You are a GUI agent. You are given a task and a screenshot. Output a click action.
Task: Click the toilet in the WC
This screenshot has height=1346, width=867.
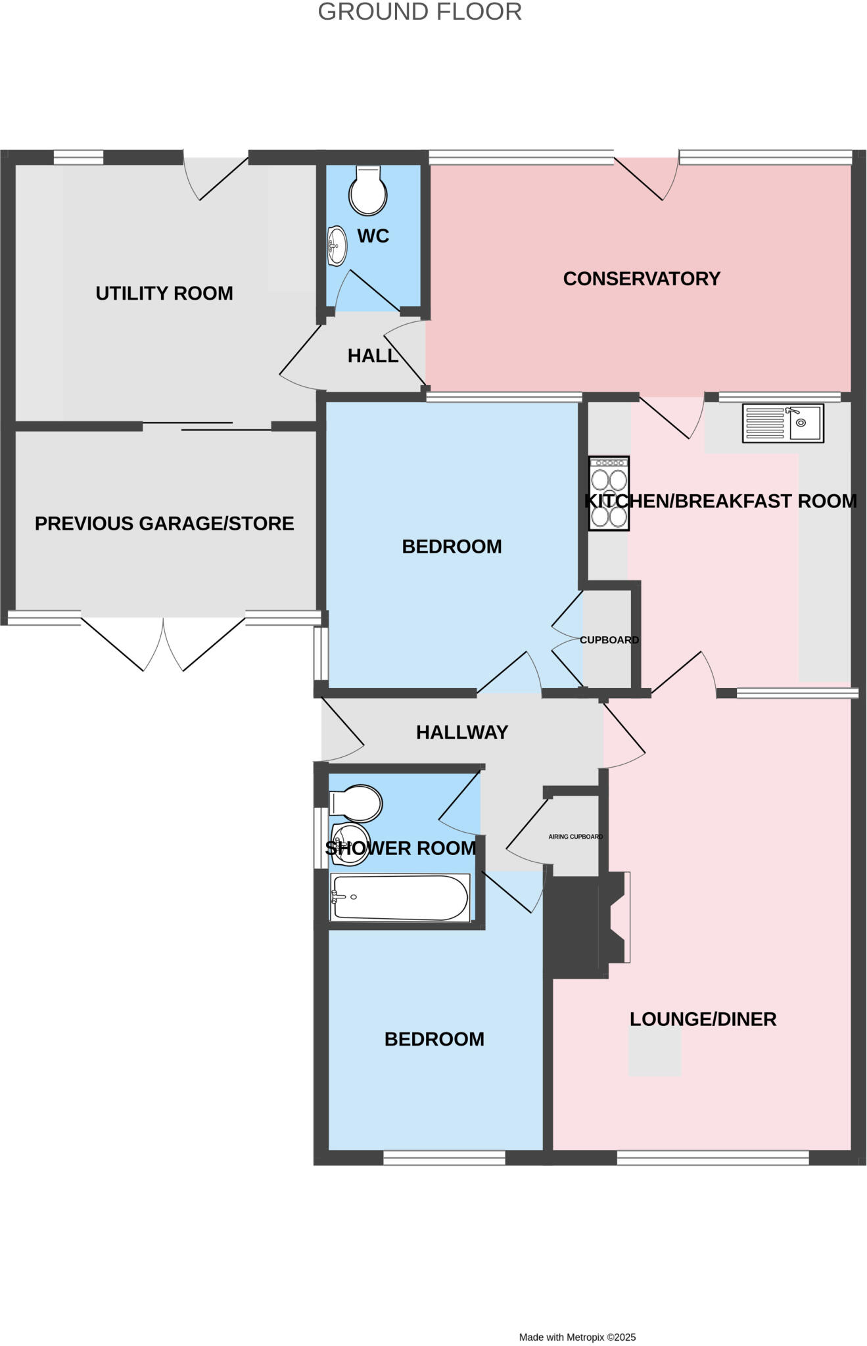click(368, 191)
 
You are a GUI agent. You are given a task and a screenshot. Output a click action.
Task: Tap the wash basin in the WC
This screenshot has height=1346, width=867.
click(337, 246)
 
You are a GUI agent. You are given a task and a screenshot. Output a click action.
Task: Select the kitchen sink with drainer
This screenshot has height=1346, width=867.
click(782, 423)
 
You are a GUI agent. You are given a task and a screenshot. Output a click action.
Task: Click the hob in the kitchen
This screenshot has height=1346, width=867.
click(609, 494)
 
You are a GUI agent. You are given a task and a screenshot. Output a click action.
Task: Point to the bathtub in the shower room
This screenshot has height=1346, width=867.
click(400, 898)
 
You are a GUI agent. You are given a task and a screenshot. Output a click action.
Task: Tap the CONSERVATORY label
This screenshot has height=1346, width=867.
click(642, 279)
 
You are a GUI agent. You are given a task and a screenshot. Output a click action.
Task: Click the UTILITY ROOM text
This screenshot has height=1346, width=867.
click(164, 293)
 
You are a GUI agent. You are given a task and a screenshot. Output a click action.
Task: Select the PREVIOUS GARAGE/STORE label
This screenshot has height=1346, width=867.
click(164, 524)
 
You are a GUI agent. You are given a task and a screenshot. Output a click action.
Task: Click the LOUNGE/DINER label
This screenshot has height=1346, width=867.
click(703, 1019)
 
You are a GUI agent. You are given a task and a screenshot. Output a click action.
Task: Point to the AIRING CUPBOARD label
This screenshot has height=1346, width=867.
click(575, 837)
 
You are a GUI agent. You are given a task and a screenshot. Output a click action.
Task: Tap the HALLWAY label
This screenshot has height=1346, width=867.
click(462, 732)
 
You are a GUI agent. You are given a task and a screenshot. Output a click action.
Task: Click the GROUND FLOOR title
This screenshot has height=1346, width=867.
click(419, 12)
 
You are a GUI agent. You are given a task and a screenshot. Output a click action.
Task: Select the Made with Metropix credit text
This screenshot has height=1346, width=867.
click(577, 1337)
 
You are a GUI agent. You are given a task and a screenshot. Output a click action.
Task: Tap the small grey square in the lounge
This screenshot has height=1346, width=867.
click(654, 1053)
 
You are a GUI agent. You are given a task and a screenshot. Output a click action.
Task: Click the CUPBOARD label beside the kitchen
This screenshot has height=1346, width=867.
click(609, 640)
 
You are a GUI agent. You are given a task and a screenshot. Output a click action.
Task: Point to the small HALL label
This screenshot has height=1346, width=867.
click(373, 356)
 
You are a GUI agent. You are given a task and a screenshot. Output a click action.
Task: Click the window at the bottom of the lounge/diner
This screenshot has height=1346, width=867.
click(713, 1158)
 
